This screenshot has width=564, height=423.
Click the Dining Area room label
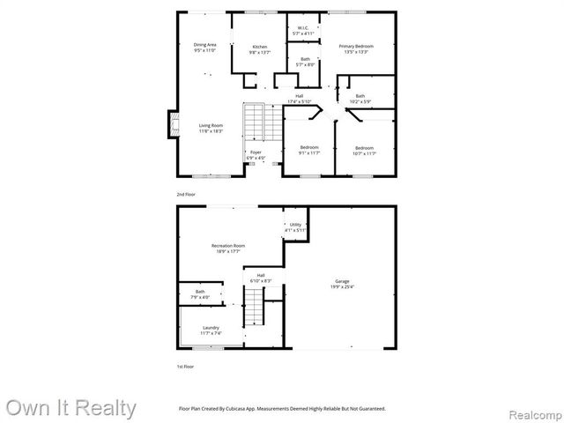[x=204, y=47]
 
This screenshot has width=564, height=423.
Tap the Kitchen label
[x=260, y=49]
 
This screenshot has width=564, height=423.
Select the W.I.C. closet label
[x=302, y=30]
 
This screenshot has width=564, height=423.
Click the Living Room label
[x=211, y=128]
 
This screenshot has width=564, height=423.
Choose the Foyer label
[x=256, y=155]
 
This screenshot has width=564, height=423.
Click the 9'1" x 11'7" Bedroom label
[x=308, y=150]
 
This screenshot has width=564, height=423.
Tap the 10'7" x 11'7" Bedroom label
[x=364, y=150]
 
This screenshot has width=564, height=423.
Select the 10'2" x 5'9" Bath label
[x=360, y=99]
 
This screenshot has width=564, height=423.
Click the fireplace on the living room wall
[x=172, y=124]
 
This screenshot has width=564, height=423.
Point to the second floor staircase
[x=254, y=122]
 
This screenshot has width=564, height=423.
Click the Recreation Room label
[x=228, y=248]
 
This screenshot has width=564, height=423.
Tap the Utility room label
[x=296, y=226]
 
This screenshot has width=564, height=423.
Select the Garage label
[x=342, y=284]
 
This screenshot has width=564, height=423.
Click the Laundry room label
[x=211, y=330]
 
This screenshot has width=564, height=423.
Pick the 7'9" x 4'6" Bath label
[x=200, y=295]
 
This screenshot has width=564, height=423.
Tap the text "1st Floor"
[x=186, y=366]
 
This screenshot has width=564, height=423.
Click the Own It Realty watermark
[x=70, y=408]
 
